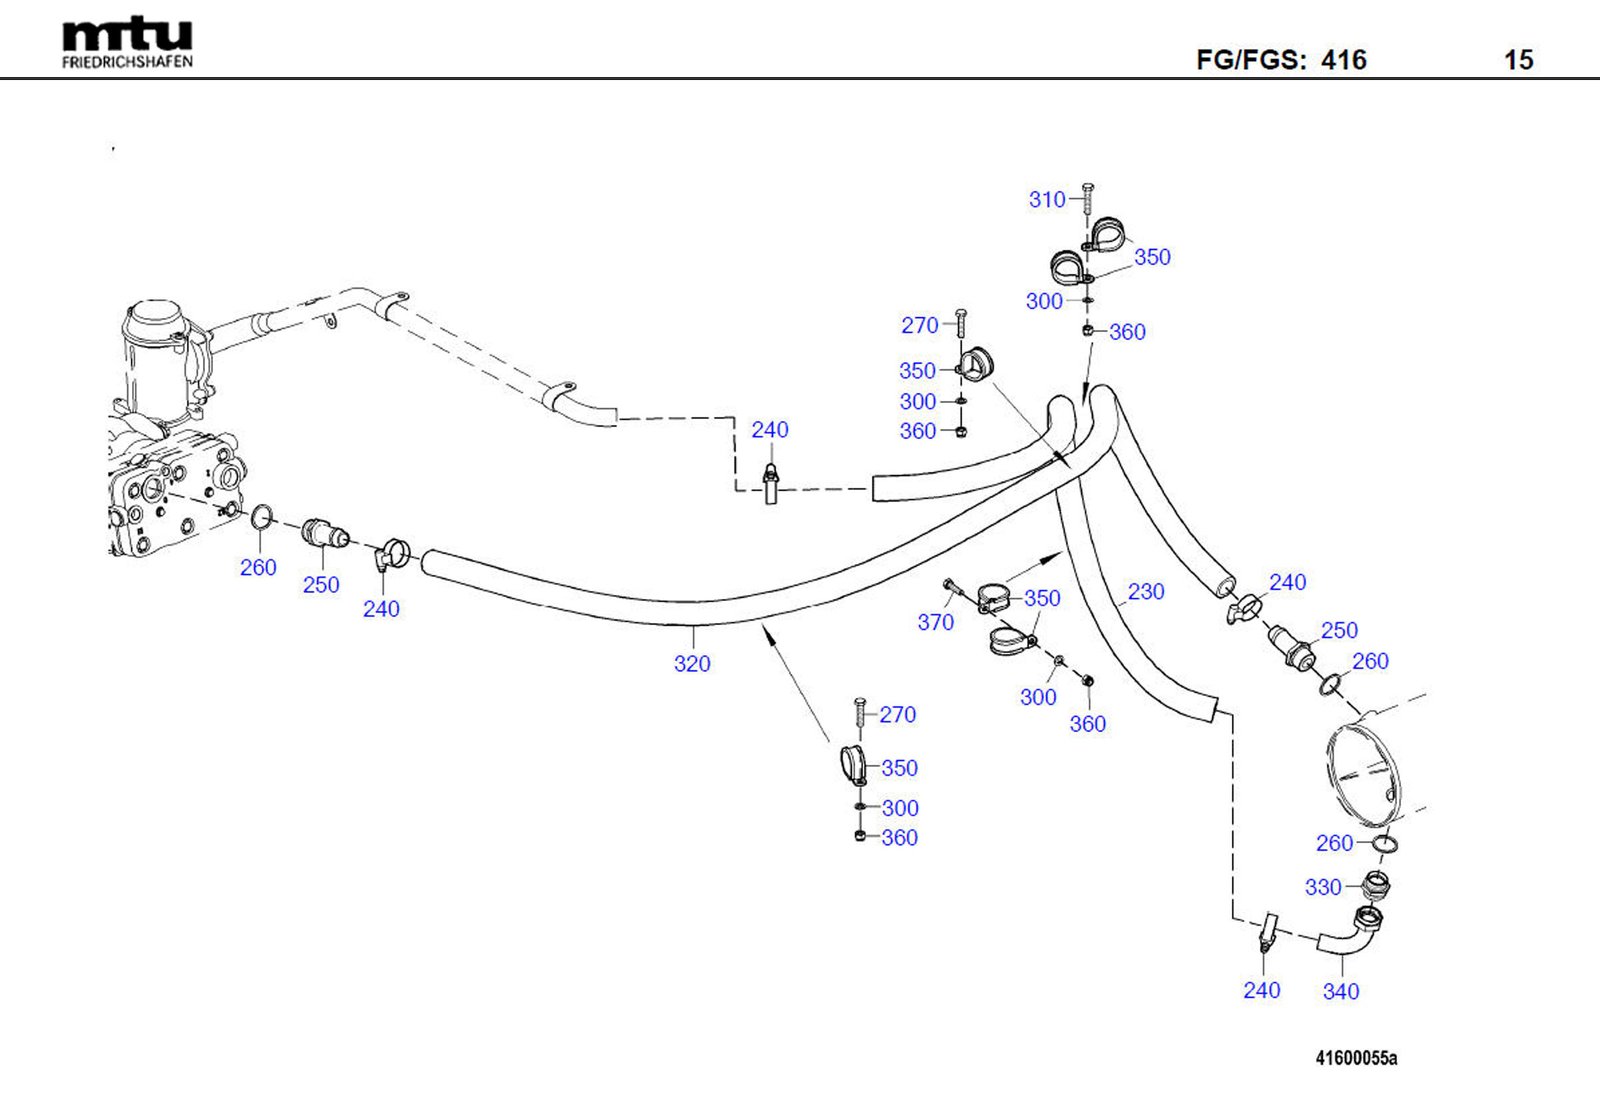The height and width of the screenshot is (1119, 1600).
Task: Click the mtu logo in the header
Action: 127,35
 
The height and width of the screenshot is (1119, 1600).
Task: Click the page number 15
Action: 1518,60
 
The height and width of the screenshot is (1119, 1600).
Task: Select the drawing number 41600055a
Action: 1356,1058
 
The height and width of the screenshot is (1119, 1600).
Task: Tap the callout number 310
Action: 1047,200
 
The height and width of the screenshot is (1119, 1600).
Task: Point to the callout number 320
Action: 692,664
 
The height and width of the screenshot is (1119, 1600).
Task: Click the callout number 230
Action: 1146,592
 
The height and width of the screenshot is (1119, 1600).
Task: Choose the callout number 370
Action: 936,623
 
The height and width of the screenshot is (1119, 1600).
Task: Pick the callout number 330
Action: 1323,887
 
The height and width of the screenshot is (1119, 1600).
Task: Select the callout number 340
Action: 1341,991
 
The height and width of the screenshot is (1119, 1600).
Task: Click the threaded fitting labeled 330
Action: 1377,885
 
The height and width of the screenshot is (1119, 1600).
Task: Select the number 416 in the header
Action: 1343,60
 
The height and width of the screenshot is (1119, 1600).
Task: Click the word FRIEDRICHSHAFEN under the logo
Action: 127,62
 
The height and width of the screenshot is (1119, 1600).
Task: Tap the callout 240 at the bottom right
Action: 1261,990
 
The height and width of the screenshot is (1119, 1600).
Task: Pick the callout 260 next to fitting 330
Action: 1334,843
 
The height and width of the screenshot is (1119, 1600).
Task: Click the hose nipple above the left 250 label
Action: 322,534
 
